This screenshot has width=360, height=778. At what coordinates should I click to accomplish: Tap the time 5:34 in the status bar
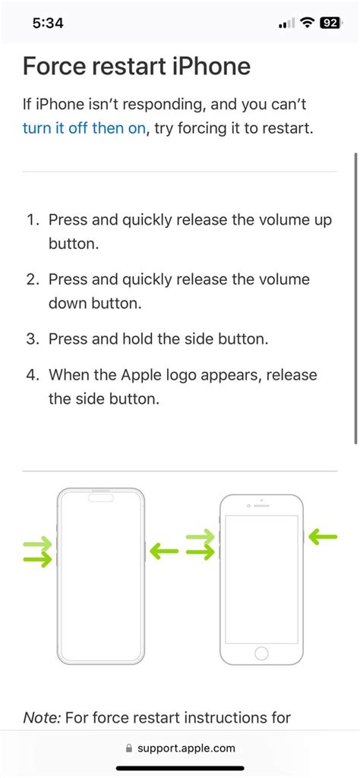(49, 23)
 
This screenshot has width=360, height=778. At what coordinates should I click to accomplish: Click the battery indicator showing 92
(330, 23)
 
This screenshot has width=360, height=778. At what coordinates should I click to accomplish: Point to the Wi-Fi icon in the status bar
(308, 23)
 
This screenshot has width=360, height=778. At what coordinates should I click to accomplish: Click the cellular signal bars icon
(286, 24)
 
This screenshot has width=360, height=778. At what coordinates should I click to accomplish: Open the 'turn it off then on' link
(84, 128)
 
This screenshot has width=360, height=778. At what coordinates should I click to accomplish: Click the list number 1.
(32, 220)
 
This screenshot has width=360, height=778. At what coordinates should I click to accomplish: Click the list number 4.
(32, 375)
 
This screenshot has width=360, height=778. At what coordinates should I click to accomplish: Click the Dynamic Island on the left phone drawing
(101, 499)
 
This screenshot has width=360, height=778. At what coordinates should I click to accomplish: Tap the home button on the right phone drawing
(261, 653)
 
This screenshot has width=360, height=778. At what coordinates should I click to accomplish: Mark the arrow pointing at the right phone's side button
(322, 537)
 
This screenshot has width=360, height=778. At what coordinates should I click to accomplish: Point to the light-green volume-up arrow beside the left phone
(37, 543)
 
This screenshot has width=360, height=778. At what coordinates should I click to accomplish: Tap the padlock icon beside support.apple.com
(129, 748)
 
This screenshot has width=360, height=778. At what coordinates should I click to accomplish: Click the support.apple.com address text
(186, 748)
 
